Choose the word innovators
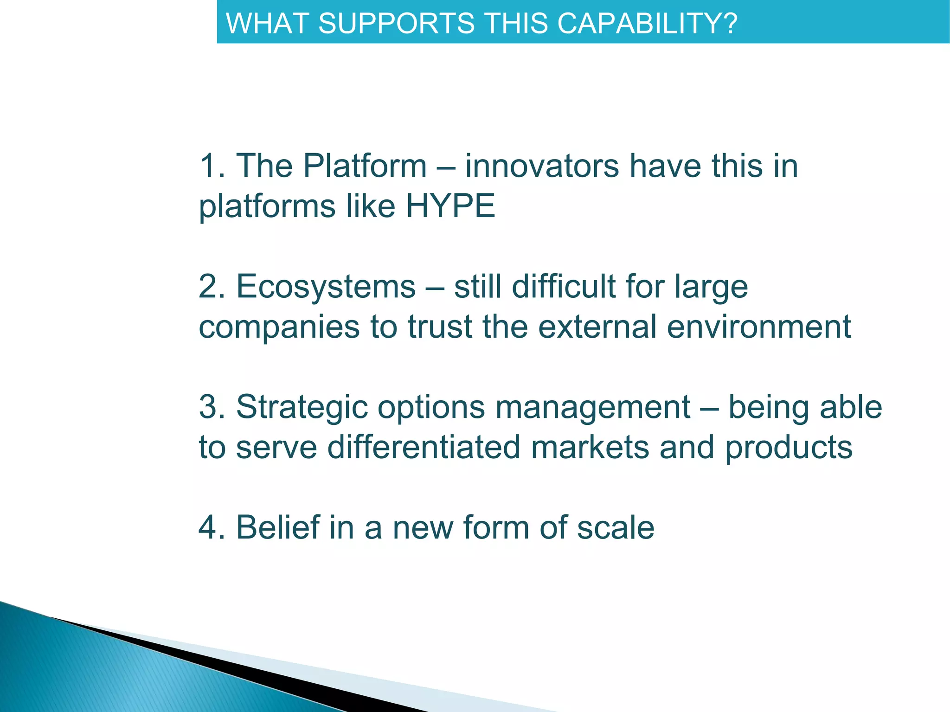[542, 166]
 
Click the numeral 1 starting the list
[207, 166]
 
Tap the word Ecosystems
[326, 286]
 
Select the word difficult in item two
[563, 286]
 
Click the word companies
[279, 327]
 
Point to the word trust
[440, 327]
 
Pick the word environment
[759, 327]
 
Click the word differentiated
[424, 447]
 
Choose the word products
[789, 447]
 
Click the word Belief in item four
[278, 527]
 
